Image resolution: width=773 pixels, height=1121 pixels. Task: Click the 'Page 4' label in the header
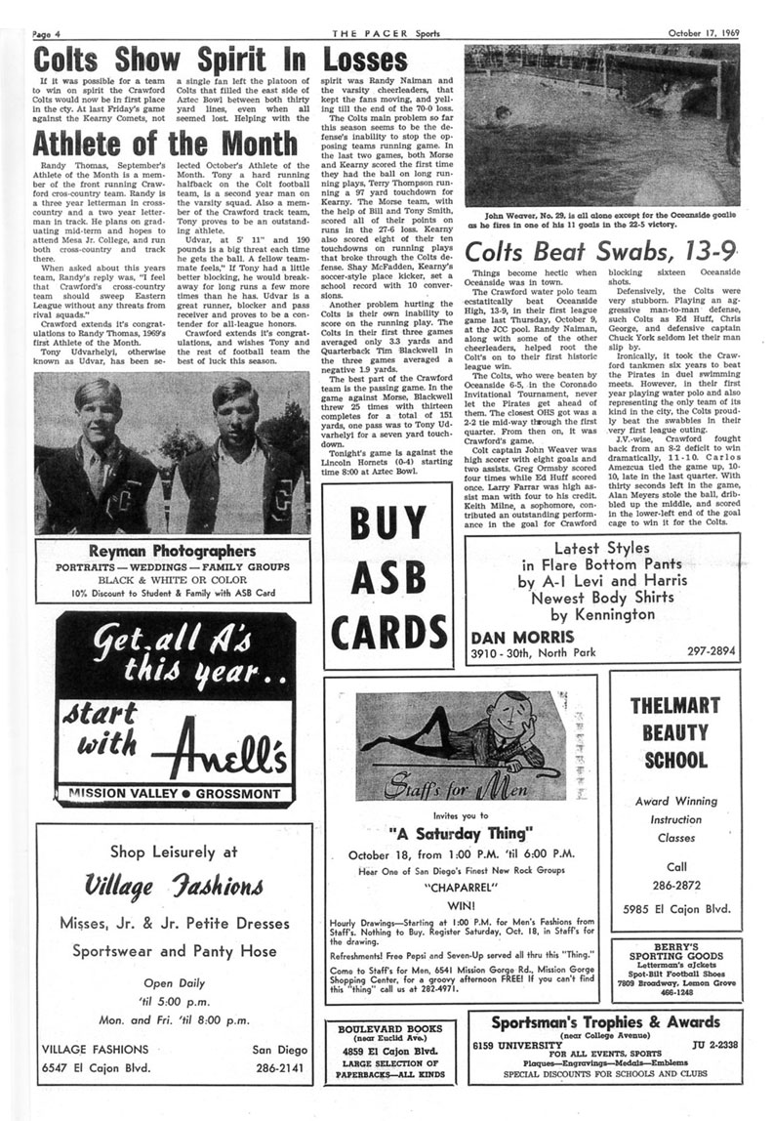pyautogui.click(x=47, y=8)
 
